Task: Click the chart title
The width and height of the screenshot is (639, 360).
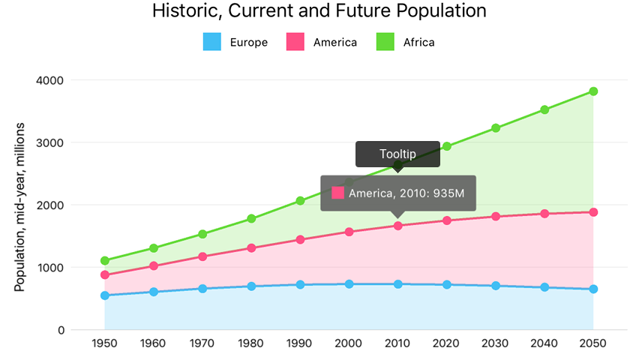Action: click(319, 11)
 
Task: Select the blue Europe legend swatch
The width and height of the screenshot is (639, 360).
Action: click(212, 42)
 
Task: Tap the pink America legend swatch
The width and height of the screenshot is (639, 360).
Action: click(295, 42)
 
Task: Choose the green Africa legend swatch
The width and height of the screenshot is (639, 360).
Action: click(385, 42)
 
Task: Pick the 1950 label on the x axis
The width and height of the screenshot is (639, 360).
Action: click(104, 343)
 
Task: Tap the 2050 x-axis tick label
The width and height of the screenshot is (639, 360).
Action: click(593, 343)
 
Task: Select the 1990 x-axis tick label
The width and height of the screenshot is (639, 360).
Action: click(300, 343)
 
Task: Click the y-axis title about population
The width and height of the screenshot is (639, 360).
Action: click(20, 206)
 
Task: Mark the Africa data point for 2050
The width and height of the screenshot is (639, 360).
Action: click(593, 91)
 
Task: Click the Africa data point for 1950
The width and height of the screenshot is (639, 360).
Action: click(104, 261)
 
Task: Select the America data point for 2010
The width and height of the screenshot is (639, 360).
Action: click(397, 225)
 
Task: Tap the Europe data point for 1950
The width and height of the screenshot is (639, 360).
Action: click(104, 295)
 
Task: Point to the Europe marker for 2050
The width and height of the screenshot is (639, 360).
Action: click(593, 289)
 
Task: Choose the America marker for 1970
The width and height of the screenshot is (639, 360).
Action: click(202, 256)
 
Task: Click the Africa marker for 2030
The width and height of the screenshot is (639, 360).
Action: click(496, 128)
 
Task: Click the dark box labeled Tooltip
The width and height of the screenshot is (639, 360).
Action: click(397, 154)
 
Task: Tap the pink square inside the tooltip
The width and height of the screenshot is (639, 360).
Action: click(337, 193)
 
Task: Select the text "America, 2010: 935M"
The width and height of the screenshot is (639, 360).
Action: click(406, 193)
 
